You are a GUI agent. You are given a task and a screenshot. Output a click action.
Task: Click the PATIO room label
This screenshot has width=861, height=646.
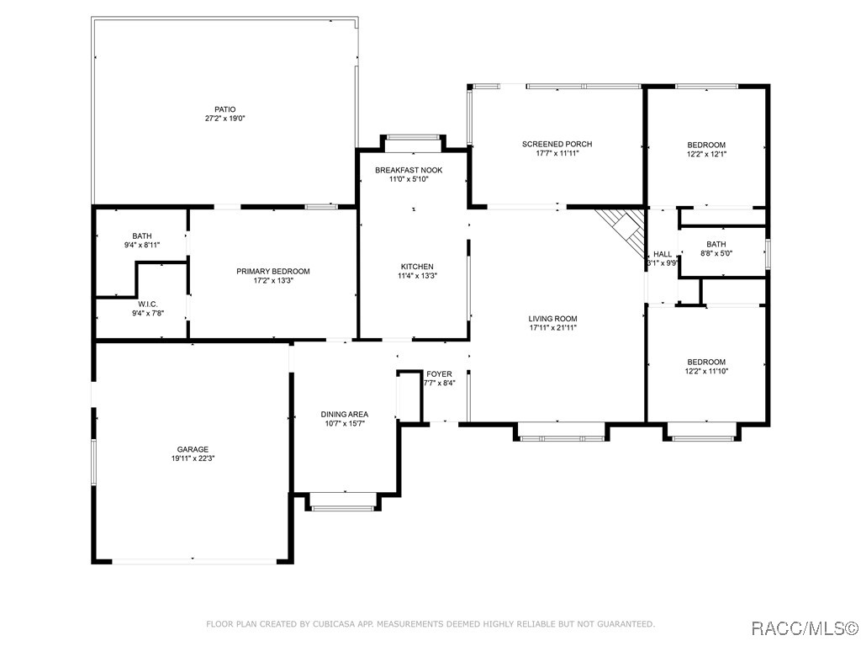(x=225, y=109)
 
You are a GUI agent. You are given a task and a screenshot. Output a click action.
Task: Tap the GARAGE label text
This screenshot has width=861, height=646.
(x=193, y=449)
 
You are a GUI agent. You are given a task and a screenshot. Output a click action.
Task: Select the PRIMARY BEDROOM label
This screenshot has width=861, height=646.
(x=273, y=272)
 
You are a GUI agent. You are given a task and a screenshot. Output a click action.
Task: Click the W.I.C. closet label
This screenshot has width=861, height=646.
(x=148, y=304)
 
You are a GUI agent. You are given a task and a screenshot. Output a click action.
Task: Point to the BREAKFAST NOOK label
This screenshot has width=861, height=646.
(x=409, y=170)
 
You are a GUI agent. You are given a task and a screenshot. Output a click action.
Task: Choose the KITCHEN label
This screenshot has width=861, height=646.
(x=417, y=267)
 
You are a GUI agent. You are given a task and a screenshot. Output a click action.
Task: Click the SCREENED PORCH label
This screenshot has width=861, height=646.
(x=557, y=144)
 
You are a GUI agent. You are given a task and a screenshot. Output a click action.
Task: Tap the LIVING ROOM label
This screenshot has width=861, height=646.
(x=552, y=319)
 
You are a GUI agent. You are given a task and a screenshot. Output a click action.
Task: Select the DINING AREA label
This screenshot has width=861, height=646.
(x=344, y=414)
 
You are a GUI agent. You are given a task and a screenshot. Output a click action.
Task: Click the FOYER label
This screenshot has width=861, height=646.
(x=439, y=374)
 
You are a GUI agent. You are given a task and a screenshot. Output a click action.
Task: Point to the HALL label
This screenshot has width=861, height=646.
(x=663, y=254)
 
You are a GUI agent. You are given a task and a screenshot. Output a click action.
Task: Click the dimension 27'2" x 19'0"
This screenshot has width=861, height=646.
(x=225, y=118)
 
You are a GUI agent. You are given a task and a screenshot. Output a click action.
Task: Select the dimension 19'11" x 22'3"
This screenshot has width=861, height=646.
(x=193, y=458)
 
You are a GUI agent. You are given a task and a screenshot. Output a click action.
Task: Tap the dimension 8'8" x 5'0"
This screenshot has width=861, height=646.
(x=716, y=253)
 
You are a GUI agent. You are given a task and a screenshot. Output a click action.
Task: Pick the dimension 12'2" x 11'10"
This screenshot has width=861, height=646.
(x=706, y=371)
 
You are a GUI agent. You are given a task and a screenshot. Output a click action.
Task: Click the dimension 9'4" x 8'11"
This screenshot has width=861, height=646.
(x=141, y=245)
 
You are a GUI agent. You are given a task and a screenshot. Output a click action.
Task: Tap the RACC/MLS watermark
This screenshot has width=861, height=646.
(x=804, y=627)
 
